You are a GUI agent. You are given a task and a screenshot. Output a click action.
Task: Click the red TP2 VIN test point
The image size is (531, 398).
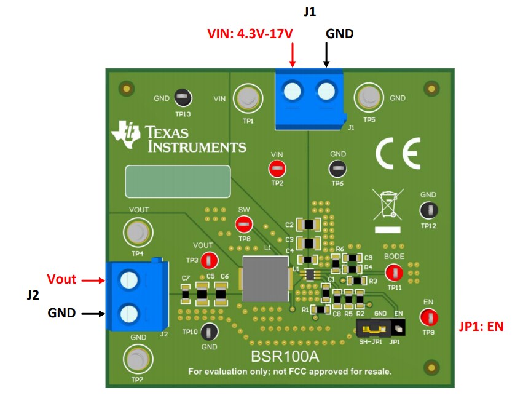(277, 169)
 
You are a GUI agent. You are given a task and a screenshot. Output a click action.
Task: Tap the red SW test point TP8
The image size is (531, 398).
(244, 224)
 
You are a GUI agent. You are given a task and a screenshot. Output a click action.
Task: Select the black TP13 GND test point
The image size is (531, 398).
(182, 97)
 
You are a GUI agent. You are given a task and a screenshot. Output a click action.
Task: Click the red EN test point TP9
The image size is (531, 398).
(428, 317)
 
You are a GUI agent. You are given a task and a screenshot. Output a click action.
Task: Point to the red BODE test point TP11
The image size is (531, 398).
(393, 271)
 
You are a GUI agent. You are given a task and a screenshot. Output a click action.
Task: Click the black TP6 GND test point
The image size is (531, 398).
(337, 169)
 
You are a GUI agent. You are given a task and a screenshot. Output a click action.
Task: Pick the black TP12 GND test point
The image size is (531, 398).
(428, 210)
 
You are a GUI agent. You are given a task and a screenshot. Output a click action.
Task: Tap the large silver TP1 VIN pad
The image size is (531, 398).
(248, 98)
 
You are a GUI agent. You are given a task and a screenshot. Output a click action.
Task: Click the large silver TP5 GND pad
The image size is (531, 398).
(368, 97)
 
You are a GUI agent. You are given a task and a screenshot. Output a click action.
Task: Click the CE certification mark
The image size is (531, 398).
(398, 153)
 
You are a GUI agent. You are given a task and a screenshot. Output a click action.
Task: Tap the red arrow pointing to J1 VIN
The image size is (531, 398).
(293, 55)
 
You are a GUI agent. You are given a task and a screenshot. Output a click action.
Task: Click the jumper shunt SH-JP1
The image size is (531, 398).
(372, 330)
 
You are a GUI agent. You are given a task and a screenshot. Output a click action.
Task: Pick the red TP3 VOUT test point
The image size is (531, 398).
(209, 260)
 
